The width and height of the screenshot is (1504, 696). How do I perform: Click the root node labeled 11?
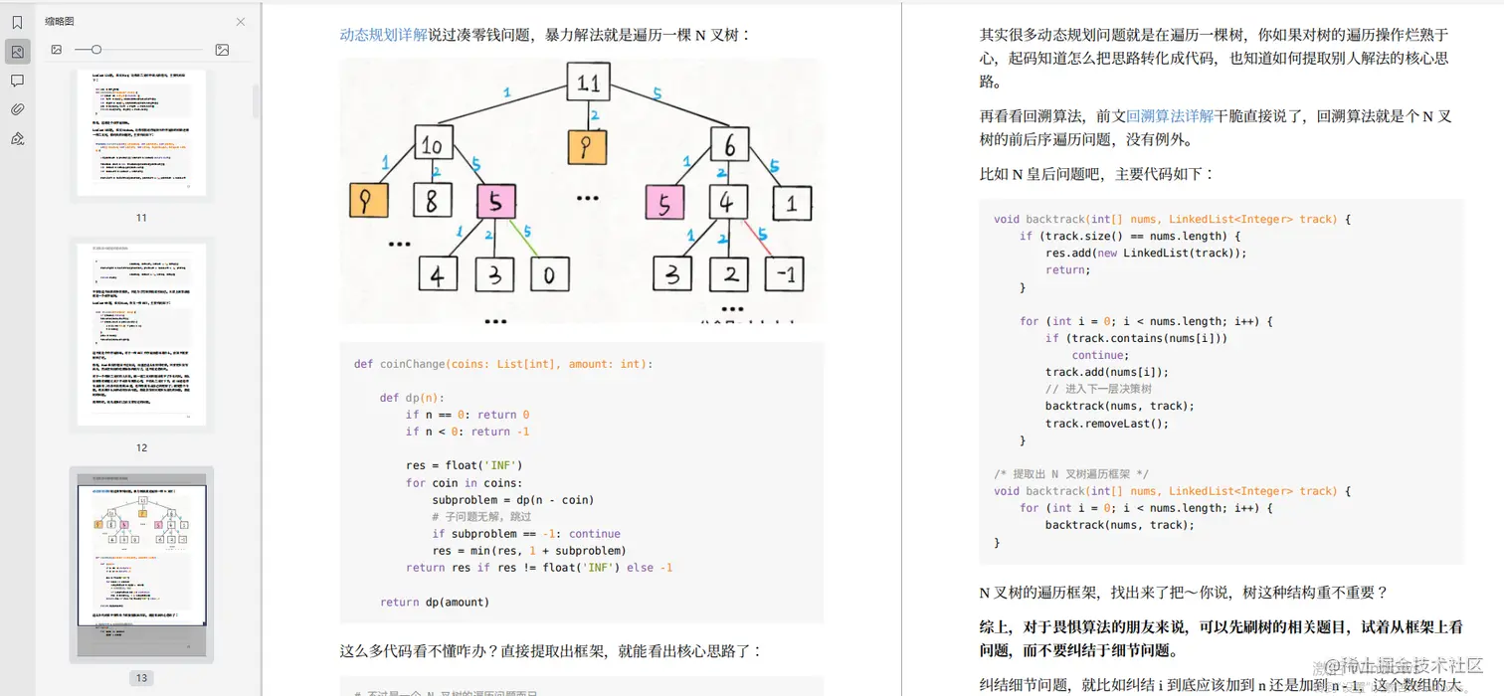(x=588, y=82)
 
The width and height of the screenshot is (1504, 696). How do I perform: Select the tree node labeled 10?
(x=432, y=145)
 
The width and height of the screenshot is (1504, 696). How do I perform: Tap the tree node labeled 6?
(x=729, y=145)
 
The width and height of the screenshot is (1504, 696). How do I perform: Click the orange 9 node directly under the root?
(x=587, y=147)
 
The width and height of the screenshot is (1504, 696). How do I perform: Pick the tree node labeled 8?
(x=431, y=202)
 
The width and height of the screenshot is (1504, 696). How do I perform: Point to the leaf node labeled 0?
(x=549, y=274)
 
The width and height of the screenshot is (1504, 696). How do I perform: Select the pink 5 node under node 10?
(x=495, y=202)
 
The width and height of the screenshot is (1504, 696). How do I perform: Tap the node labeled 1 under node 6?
(x=792, y=203)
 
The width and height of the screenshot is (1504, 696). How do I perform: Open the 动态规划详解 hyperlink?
(x=383, y=35)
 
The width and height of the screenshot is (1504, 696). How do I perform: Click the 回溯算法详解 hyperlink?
(x=1169, y=116)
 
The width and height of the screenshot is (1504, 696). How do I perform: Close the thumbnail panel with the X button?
(x=241, y=22)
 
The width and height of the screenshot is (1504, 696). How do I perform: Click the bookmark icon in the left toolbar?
(x=17, y=23)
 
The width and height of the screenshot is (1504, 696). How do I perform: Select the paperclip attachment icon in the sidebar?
(x=17, y=109)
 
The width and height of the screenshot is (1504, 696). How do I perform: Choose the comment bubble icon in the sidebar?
(x=17, y=81)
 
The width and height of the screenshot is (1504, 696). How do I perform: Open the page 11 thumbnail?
(x=141, y=132)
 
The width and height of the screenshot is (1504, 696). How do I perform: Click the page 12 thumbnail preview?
(x=141, y=334)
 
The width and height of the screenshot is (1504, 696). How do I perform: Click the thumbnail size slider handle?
(x=95, y=50)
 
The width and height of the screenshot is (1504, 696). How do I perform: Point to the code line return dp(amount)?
(x=435, y=602)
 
